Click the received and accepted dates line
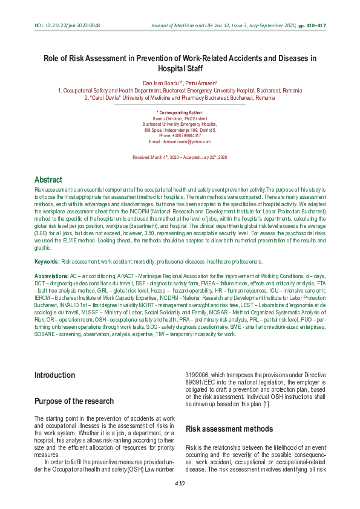pos(180,157)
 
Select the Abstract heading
pos(48,180)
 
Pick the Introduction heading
pos(54,375)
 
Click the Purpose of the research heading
pos(74,401)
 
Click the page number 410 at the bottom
pos(180,484)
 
